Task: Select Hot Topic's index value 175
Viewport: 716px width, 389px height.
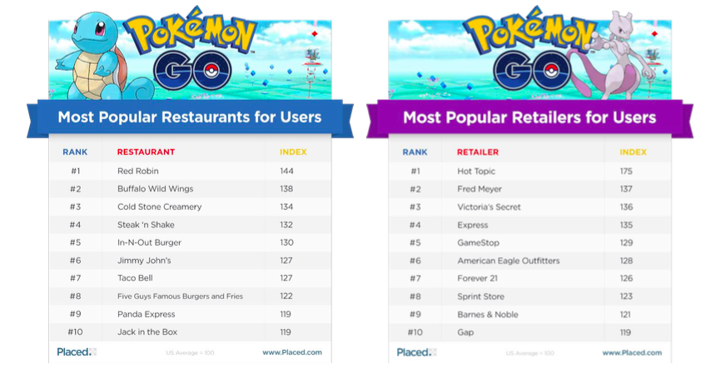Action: click(626, 171)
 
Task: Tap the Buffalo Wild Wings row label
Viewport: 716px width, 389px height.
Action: click(153, 189)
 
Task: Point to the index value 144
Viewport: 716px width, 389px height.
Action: click(286, 171)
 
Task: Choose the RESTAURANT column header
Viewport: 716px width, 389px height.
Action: click(146, 152)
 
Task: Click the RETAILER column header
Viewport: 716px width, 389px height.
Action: click(478, 152)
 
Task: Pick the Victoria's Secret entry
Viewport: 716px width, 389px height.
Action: click(489, 207)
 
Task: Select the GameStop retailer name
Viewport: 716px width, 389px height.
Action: click(478, 242)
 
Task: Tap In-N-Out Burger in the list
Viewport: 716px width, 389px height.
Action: click(149, 242)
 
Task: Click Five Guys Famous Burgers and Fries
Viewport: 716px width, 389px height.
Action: click(180, 296)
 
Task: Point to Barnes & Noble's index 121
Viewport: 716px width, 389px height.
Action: click(625, 314)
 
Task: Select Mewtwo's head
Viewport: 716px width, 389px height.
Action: click(621, 21)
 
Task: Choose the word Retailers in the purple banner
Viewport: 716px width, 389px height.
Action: click(545, 117)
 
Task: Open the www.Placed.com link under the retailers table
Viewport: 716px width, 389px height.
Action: click(632, 352)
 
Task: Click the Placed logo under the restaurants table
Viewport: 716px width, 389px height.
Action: click(75, 352)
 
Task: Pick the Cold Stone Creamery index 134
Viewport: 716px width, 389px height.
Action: click(286, 207)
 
